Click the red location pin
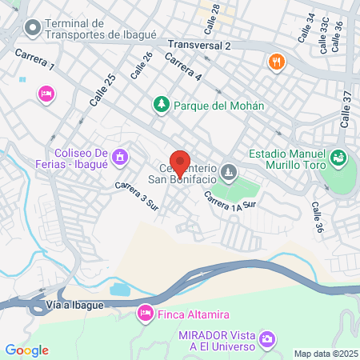tap(180, 164)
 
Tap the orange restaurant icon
tap(276, 62)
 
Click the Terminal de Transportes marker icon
tap(33, 29)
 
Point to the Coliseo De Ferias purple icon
tap(120, 155)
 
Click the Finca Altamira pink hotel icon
tap(146, 312)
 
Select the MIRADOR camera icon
tap(268, 340)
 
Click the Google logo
tap(26, 350)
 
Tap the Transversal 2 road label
tap(199, 46)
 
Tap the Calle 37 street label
tap(346, 108)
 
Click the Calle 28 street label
tap(212, 17)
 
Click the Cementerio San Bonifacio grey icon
tap(230, 170)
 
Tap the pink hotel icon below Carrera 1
tap(46, 94)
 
